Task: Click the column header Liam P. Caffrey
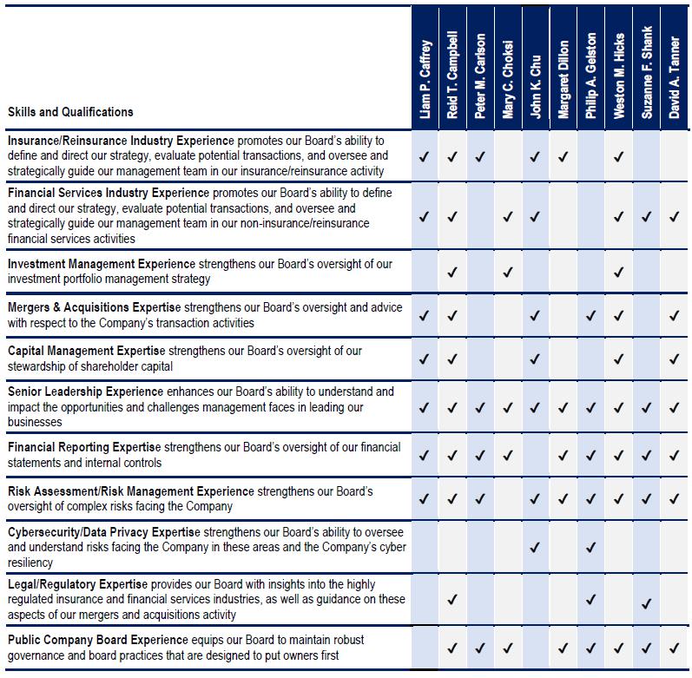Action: point(425,78)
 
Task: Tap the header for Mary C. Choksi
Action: point(508,78)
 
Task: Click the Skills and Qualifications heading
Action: point(70,112)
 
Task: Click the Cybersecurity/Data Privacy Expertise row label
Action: point(103,532)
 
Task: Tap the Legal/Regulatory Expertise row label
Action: point(77,584)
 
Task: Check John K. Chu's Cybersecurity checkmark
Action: point(536,548)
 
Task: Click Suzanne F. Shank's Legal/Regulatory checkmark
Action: point(647,600)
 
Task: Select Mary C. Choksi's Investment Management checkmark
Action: point(508,273)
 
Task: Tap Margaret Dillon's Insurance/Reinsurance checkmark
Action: point(563,157)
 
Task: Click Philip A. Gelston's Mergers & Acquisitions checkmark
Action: point(591,316)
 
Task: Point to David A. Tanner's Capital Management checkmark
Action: point(675,359)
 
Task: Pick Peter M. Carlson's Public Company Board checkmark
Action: point(480,648)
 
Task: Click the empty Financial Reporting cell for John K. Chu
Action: point(536,454)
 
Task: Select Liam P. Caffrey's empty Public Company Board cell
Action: point(425,648)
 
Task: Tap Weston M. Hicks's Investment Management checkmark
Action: point(619,273)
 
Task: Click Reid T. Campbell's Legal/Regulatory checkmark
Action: point(452,600)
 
